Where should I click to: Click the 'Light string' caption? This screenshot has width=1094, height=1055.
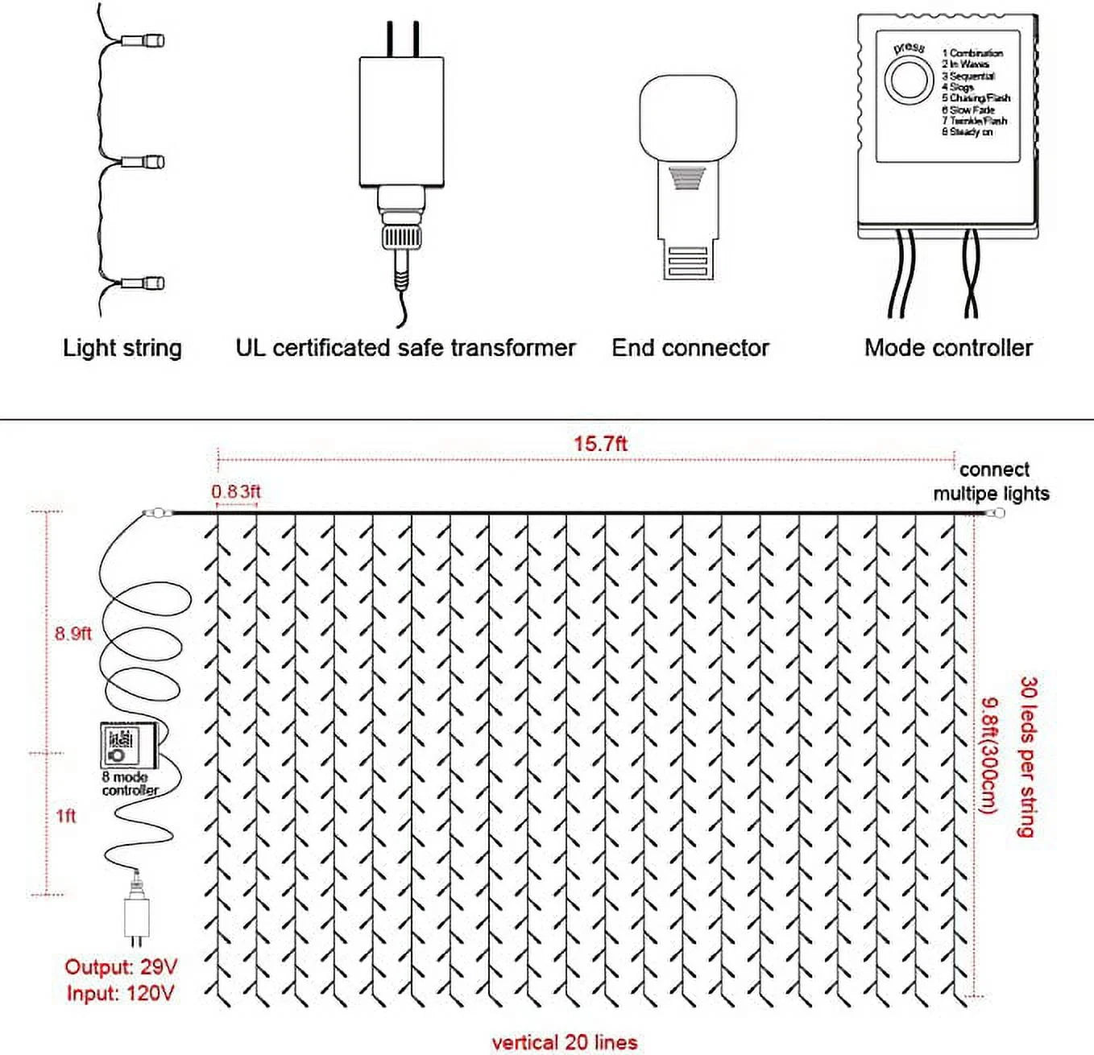pos(122,348)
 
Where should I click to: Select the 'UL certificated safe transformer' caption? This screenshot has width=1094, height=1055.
pos(405,348)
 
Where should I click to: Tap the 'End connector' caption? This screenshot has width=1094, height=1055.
pos(690,348)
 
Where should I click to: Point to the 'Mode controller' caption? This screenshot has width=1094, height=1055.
pos(948,348)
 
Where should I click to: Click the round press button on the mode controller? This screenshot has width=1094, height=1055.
pos(909,80)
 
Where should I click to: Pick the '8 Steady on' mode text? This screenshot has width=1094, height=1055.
pos(967,132)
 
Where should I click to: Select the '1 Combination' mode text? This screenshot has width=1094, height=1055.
pos(972,53)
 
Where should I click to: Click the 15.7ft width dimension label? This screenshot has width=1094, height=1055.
pos(600,444)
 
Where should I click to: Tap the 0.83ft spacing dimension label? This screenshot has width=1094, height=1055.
pos(236,491)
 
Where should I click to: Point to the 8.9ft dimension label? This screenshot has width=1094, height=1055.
pos(73,634)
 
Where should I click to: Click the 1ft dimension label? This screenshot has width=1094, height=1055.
pos(66,816)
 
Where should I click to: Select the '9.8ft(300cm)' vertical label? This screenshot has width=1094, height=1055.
pos(989,755)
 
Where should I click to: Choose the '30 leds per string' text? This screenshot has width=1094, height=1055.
pos(1027,757)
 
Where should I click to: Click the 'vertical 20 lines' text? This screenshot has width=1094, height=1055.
pos(564,1042)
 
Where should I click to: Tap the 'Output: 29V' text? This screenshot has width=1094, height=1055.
pos(121,967)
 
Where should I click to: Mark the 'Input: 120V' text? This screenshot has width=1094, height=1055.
pos(120,994)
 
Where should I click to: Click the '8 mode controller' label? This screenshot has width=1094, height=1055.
pos(129,784)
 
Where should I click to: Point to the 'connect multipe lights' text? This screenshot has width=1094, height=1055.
pos(992,482)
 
